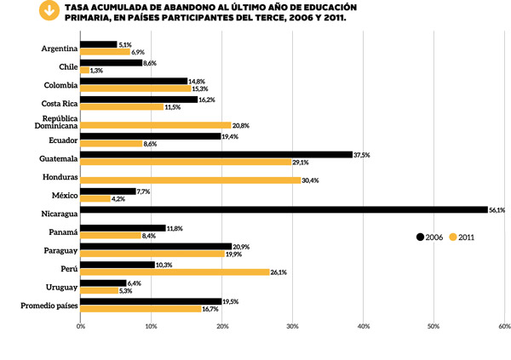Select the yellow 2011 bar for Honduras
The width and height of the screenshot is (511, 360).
190,180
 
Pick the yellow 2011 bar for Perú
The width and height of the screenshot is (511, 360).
174,272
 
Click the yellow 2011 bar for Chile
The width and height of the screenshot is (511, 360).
84,71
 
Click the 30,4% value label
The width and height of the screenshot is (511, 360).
312,180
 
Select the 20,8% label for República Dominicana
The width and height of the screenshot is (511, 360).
242,125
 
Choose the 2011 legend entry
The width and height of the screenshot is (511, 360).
461,237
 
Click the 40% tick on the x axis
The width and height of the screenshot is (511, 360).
363,325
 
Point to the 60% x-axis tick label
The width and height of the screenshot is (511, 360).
503,325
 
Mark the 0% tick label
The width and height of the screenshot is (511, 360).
81,325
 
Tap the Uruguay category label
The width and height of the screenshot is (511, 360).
59,287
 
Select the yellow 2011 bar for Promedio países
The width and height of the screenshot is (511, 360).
140,309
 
